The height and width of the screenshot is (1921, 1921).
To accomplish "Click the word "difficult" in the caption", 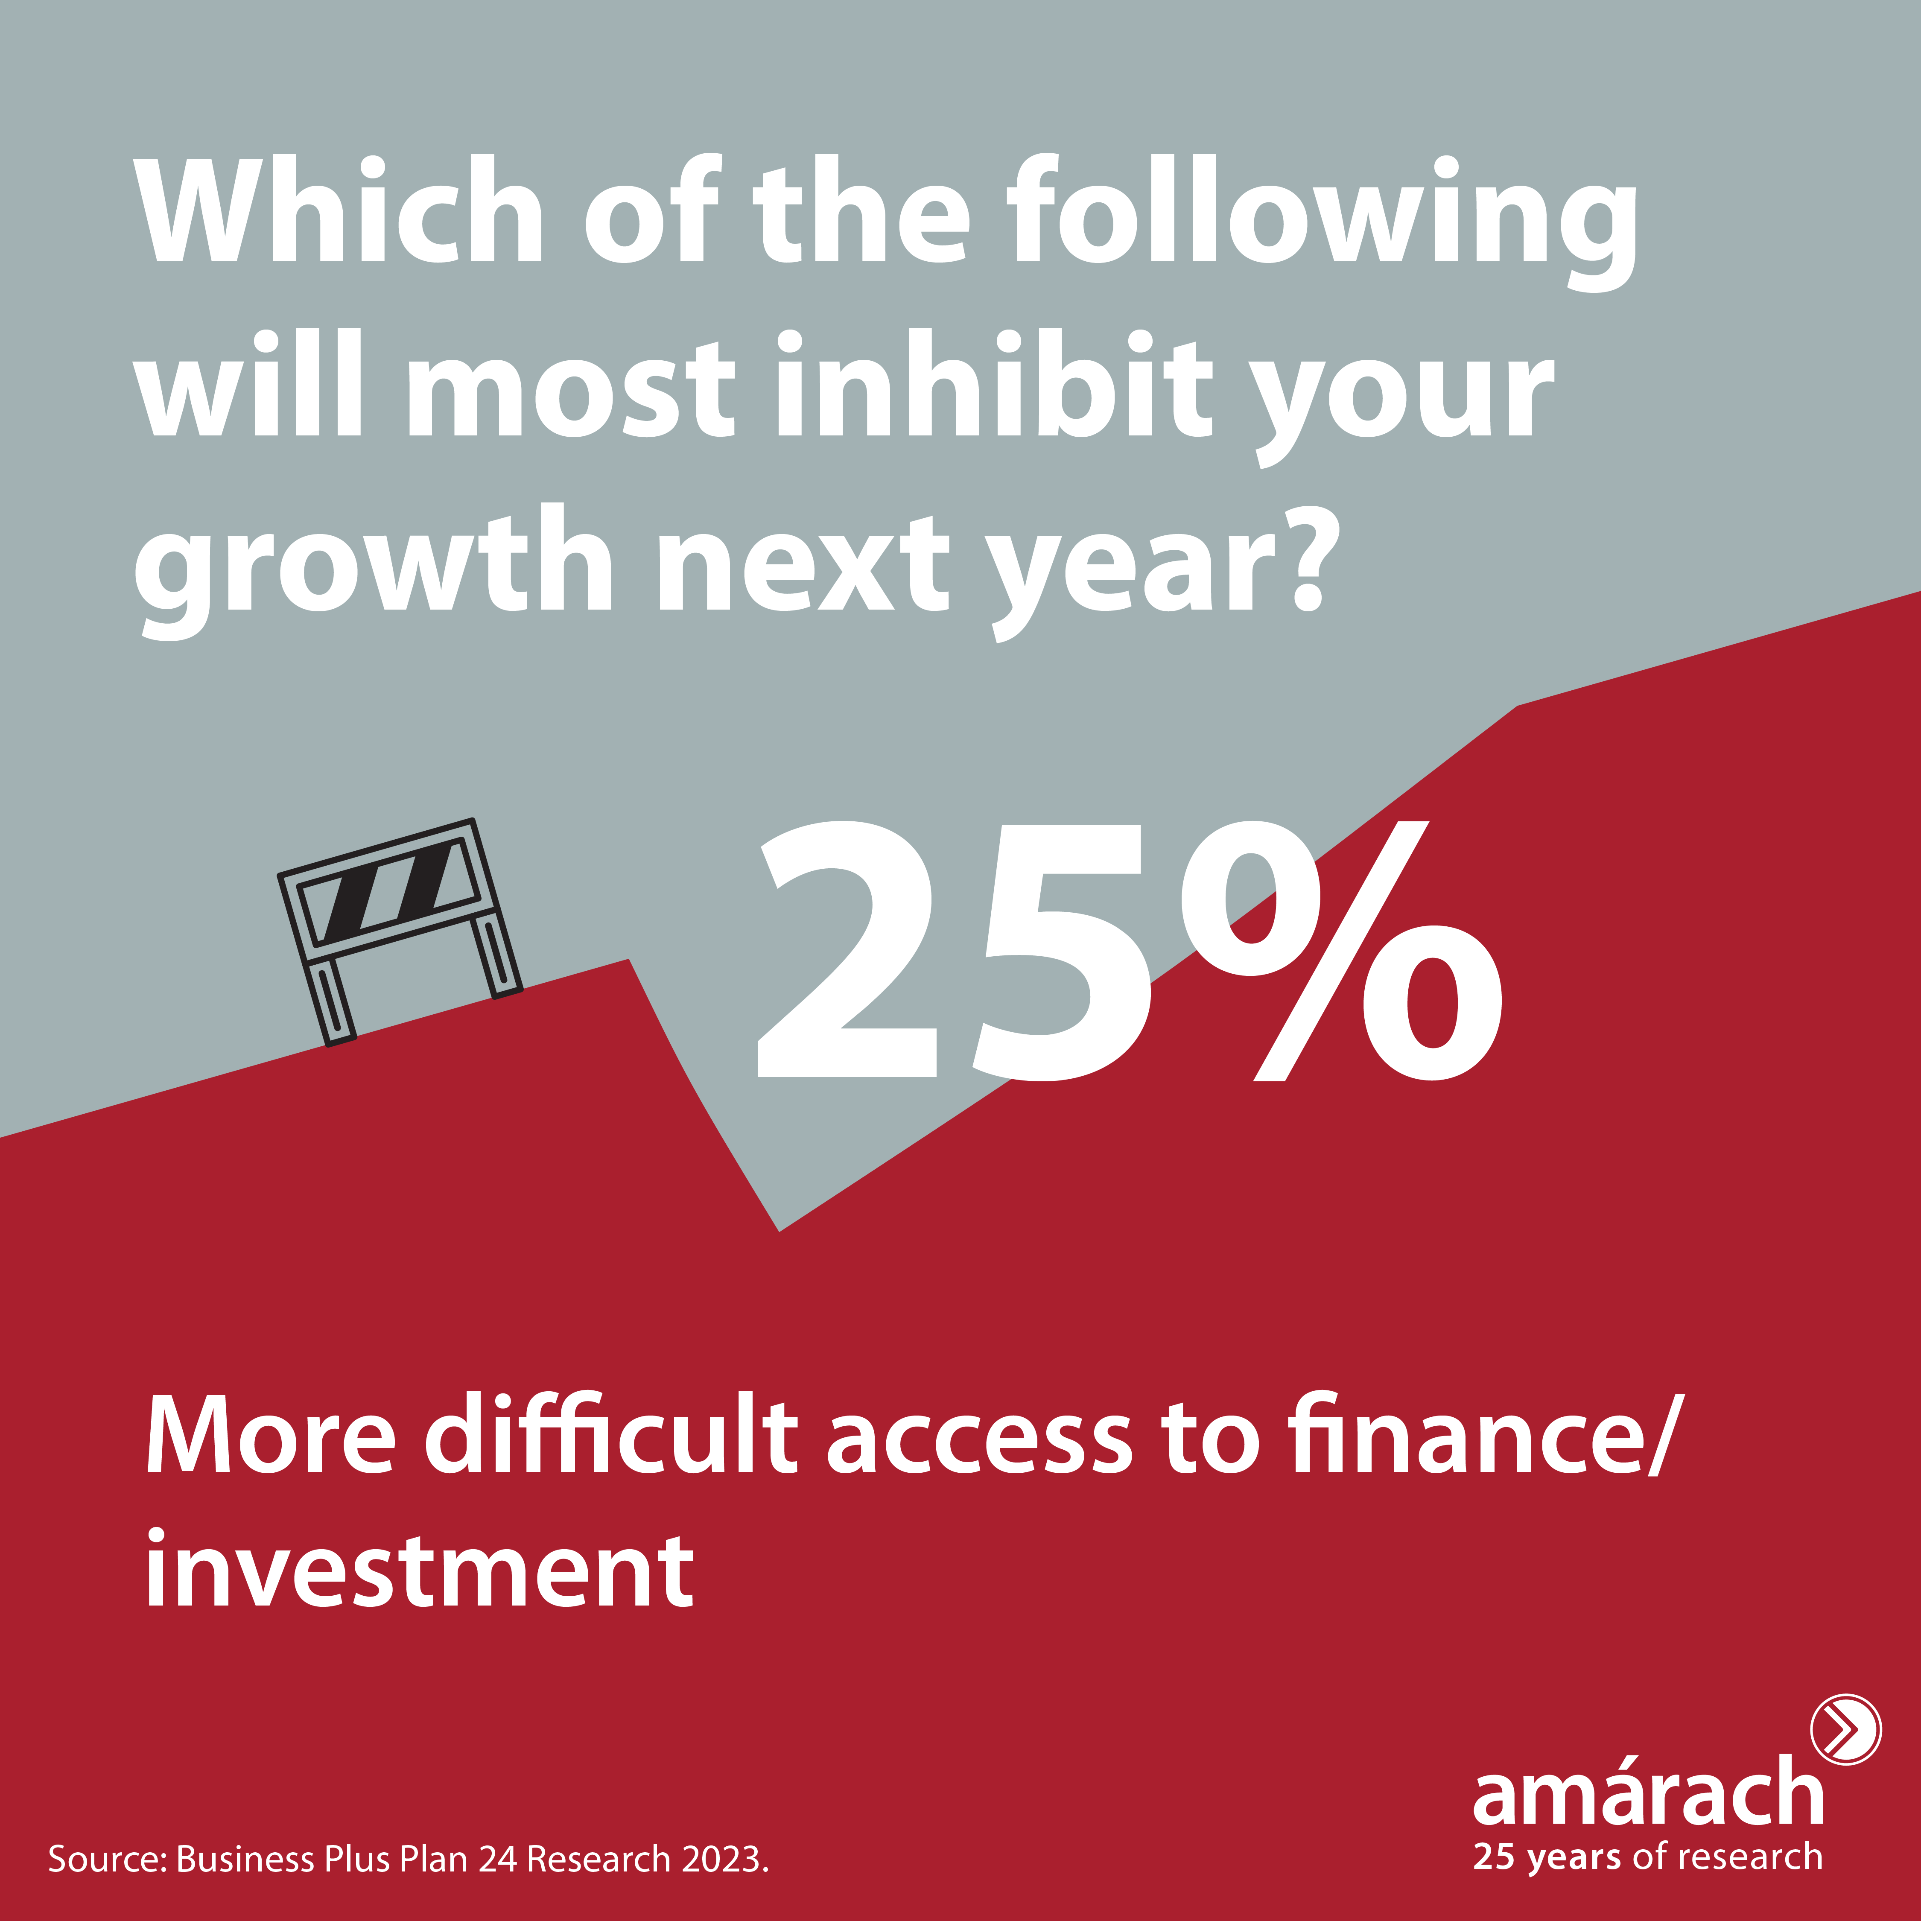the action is [611, 1437].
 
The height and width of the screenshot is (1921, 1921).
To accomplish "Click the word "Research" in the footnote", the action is [598, 1858].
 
